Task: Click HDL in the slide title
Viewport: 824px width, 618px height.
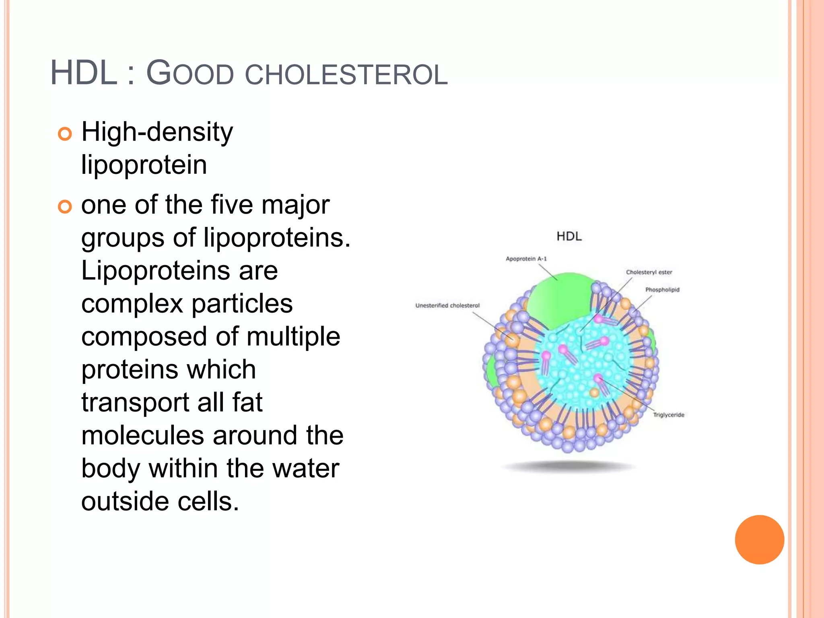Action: click(x=83, y=73)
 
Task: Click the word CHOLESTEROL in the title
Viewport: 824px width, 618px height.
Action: click(x=346, y=75)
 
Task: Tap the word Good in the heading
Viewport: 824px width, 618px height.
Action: click(x=190, y=73)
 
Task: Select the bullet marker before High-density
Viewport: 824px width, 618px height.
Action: click(x=65, y=134)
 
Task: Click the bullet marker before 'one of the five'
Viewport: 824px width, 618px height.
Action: click(x=65, y=207)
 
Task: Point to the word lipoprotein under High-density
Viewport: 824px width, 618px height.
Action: click(x=144, y=165)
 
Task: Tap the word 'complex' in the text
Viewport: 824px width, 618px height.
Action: click(x=132, y=304)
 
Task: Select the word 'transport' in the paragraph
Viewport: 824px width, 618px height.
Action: click(x=135, y=402)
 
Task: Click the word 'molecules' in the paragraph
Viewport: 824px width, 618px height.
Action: click(x=143, y=435)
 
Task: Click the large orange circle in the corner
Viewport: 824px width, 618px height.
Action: click(x=759, y=540)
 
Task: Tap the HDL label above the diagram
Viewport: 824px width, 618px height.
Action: click(x=569, y=236)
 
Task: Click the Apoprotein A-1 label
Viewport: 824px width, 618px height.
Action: click(x=526, y=259)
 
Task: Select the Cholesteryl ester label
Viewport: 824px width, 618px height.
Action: click(x=649, y=272)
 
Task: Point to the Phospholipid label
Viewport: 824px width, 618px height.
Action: click(x=662, y=290)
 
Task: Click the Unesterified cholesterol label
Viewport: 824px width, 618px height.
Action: click(x=447, y=306)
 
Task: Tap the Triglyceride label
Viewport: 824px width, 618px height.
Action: click(x=668, y=415)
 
